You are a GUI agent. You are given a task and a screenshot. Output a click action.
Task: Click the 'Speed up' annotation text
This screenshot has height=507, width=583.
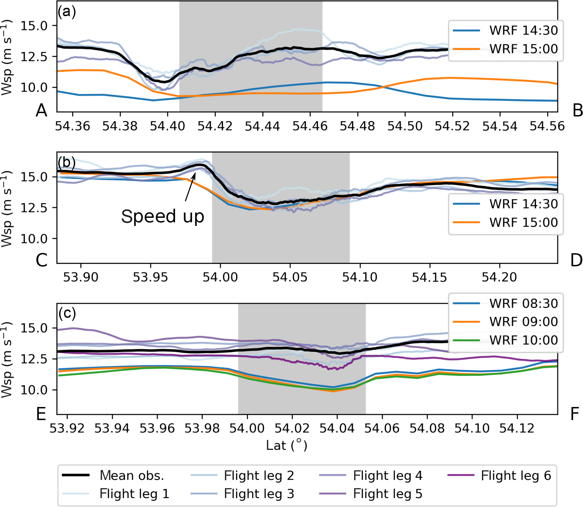pos(163,216)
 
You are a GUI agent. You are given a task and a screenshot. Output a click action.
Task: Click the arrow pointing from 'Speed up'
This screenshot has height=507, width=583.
pos(190,187)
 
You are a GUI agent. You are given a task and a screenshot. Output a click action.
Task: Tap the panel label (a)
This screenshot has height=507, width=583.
pos(67,12)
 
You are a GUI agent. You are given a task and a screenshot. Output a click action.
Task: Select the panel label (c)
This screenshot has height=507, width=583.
pos(67,313)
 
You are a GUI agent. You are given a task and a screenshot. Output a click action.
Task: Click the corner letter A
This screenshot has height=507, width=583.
pos(41,110)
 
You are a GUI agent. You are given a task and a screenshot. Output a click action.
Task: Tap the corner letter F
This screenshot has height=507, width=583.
pos(575,414)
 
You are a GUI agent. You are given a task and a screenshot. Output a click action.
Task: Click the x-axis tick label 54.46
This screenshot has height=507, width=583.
pos(310,126)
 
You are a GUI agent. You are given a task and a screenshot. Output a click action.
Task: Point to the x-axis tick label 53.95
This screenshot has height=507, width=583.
pos(150,277)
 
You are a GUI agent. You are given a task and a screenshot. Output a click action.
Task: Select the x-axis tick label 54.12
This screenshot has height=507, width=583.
pos(517,428)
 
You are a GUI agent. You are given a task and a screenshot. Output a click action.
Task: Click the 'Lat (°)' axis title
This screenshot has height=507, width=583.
pos(286,445)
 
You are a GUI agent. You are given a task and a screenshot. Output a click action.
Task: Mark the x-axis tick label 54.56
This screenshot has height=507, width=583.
pos(547,126)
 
